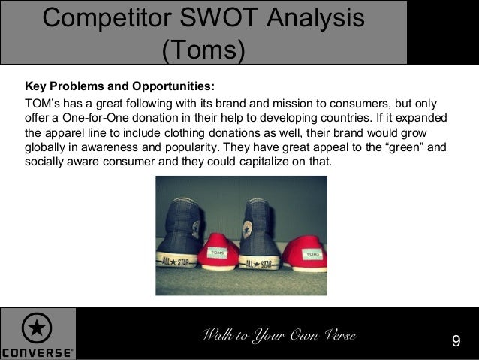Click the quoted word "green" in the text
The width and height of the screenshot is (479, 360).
(x=403, y=147)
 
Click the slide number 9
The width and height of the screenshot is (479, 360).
(x=456, y=342)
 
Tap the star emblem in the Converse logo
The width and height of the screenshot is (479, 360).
(x=36, y=328)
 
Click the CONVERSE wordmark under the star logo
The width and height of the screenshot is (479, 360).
(x=37, y=352)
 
